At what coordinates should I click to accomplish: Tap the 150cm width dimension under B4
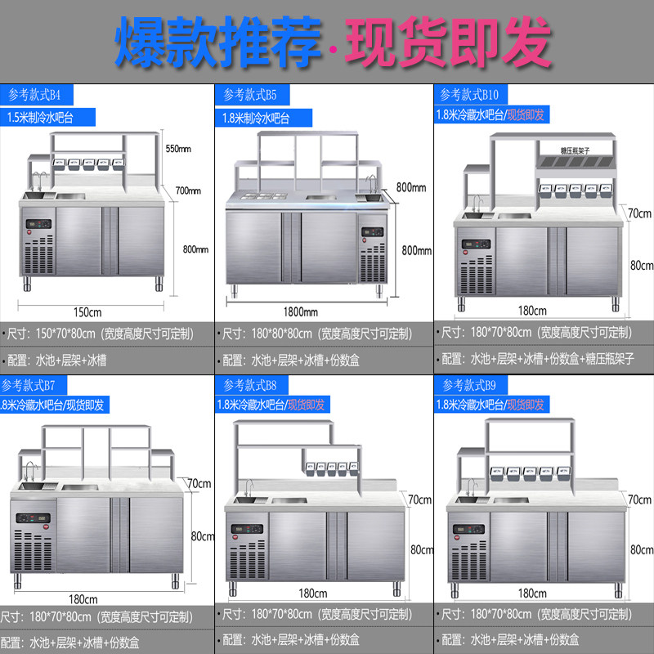click(x=88, y=312)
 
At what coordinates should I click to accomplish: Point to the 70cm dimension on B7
click(x=199, y=483)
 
